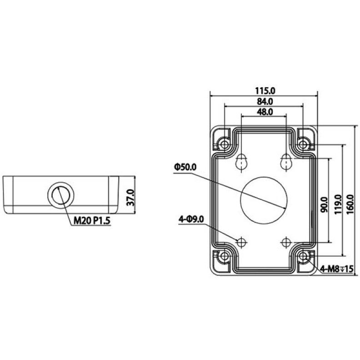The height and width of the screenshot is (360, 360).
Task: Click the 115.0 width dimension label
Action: pos(265,91)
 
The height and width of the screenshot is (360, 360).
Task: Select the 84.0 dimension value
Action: pos(265,101)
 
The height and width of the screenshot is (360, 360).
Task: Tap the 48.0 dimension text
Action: pos(265,112)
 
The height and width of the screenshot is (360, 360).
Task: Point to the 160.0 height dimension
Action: pos(350,205)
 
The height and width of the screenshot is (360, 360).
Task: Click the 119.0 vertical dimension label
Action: pos(338,205)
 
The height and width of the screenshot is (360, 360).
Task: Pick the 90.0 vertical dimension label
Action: pos(325,205)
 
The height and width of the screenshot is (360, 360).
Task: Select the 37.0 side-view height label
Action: pos(130,197)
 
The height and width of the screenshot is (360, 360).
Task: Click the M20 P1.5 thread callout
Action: pos(92,221)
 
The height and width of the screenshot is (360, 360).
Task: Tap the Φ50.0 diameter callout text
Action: pos(185,167)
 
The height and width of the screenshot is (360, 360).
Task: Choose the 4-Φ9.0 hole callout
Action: pos(191,220)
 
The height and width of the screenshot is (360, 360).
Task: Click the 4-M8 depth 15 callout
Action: pos(336,269)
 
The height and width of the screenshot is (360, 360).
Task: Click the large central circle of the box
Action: pos(264,200)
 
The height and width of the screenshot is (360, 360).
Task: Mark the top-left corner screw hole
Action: pos(224,145)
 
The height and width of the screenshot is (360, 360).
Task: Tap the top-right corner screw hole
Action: pos(303,145)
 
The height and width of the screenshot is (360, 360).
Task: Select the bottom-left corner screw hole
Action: pos(224,256)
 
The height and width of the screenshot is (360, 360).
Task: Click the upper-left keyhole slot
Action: pos(241,162)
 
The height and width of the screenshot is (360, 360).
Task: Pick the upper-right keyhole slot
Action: pos(286,162)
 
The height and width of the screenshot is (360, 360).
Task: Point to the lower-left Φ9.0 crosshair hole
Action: pos(241,242)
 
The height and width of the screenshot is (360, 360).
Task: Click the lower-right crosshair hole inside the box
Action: pos(286,242)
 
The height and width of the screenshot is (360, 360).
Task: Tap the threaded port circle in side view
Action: pos(61,195)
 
